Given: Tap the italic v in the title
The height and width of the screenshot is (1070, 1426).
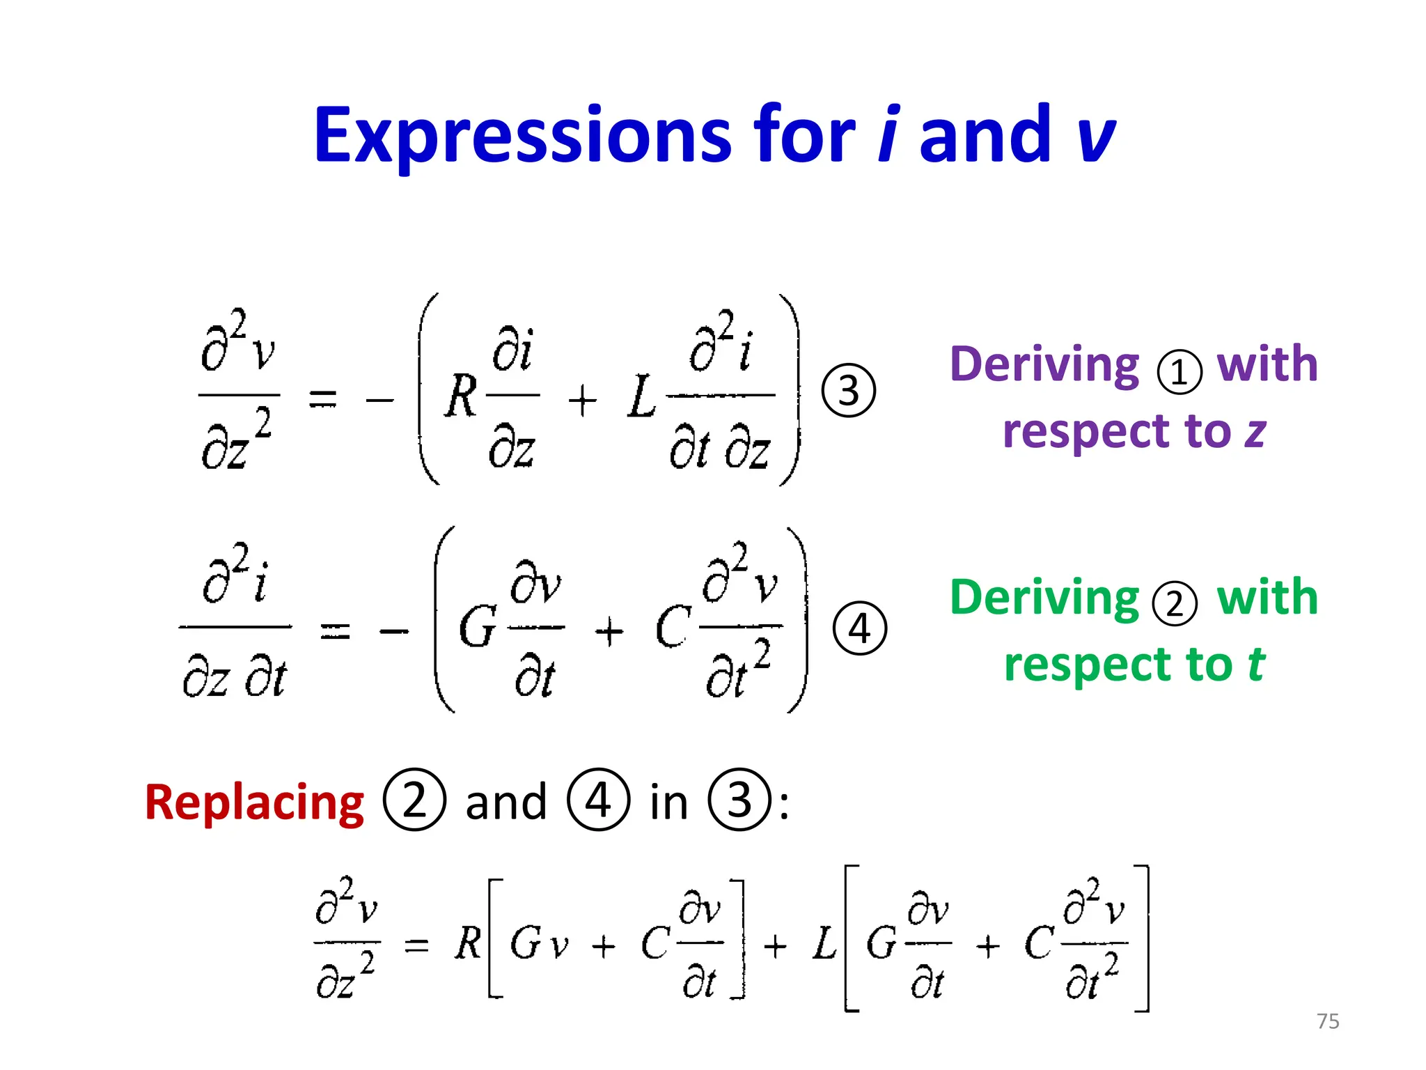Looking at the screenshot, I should coord(1095,136).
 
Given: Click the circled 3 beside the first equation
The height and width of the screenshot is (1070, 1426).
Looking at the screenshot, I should coord(848,390).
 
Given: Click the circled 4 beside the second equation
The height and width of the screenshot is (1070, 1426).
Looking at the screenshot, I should coord(860,628).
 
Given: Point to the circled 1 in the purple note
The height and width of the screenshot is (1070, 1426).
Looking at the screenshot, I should coord(1179,371).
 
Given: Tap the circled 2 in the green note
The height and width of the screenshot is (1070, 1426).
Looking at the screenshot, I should coord(1175,603).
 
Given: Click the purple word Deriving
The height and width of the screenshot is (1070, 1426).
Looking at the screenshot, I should coord(1044,364).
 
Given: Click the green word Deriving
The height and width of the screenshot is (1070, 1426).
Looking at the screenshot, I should coord(1044,598).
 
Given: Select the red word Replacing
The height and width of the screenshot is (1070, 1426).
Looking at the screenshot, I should coord(254,802).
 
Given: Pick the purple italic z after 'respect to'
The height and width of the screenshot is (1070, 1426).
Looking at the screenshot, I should coord(1255,432).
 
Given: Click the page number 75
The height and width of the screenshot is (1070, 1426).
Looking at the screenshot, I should coord(1328,1021).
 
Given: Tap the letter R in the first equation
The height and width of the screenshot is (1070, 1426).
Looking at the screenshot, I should coord(462,396).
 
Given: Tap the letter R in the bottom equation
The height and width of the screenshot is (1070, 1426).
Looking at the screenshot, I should coord(468,944).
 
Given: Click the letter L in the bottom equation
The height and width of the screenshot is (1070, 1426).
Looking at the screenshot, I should coord(825,944).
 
